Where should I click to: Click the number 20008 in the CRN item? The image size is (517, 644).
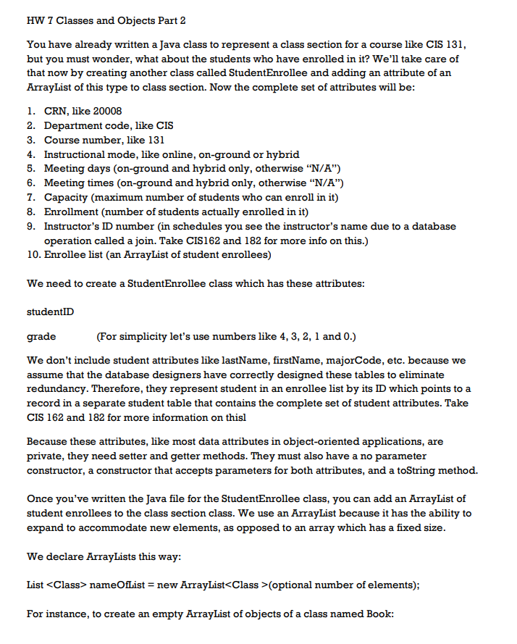tap(106, 111)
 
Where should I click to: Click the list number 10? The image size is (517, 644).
tap(33, 254)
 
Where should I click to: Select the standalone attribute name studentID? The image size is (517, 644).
tap(50, 311)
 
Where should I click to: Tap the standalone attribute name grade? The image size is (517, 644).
tap(41, 337)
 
